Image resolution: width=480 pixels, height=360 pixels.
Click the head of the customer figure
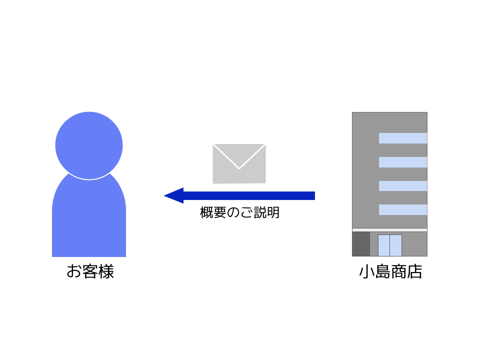(x=89, y=145)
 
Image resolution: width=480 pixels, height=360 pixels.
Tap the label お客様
(x=90, y=271)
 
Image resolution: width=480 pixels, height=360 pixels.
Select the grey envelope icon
(x=239, y=164)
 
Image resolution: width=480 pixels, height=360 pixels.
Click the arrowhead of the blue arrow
(x=174, y=195)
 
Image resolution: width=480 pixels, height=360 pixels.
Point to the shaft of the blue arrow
(x=249, y=195)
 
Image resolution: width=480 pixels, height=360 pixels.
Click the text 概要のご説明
(x=239, y=212)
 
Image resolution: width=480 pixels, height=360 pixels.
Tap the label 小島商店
(x=390, y=271)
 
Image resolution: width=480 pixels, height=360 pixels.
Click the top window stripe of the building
(x=403, y=138)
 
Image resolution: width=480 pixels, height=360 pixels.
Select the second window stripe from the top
(x=403, y=162)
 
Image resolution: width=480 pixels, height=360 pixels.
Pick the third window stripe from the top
(x=403, y=186)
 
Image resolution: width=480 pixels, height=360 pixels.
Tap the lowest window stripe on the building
(x=403, y=209)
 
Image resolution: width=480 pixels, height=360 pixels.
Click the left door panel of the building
(x=384, y=245)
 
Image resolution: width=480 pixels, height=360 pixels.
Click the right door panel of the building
(x=396, y=245)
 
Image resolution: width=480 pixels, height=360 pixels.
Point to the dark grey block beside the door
(x=361, y=244)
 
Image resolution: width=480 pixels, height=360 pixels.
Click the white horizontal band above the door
(x=389, y=230)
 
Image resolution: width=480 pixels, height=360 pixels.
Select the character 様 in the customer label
(x=106, y=271)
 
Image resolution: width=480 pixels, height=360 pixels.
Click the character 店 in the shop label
(x=414, y=271)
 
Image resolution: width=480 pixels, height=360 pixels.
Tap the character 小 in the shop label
(x=366, y=271)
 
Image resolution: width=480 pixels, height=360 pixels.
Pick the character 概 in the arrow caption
(x=206, y=212)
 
